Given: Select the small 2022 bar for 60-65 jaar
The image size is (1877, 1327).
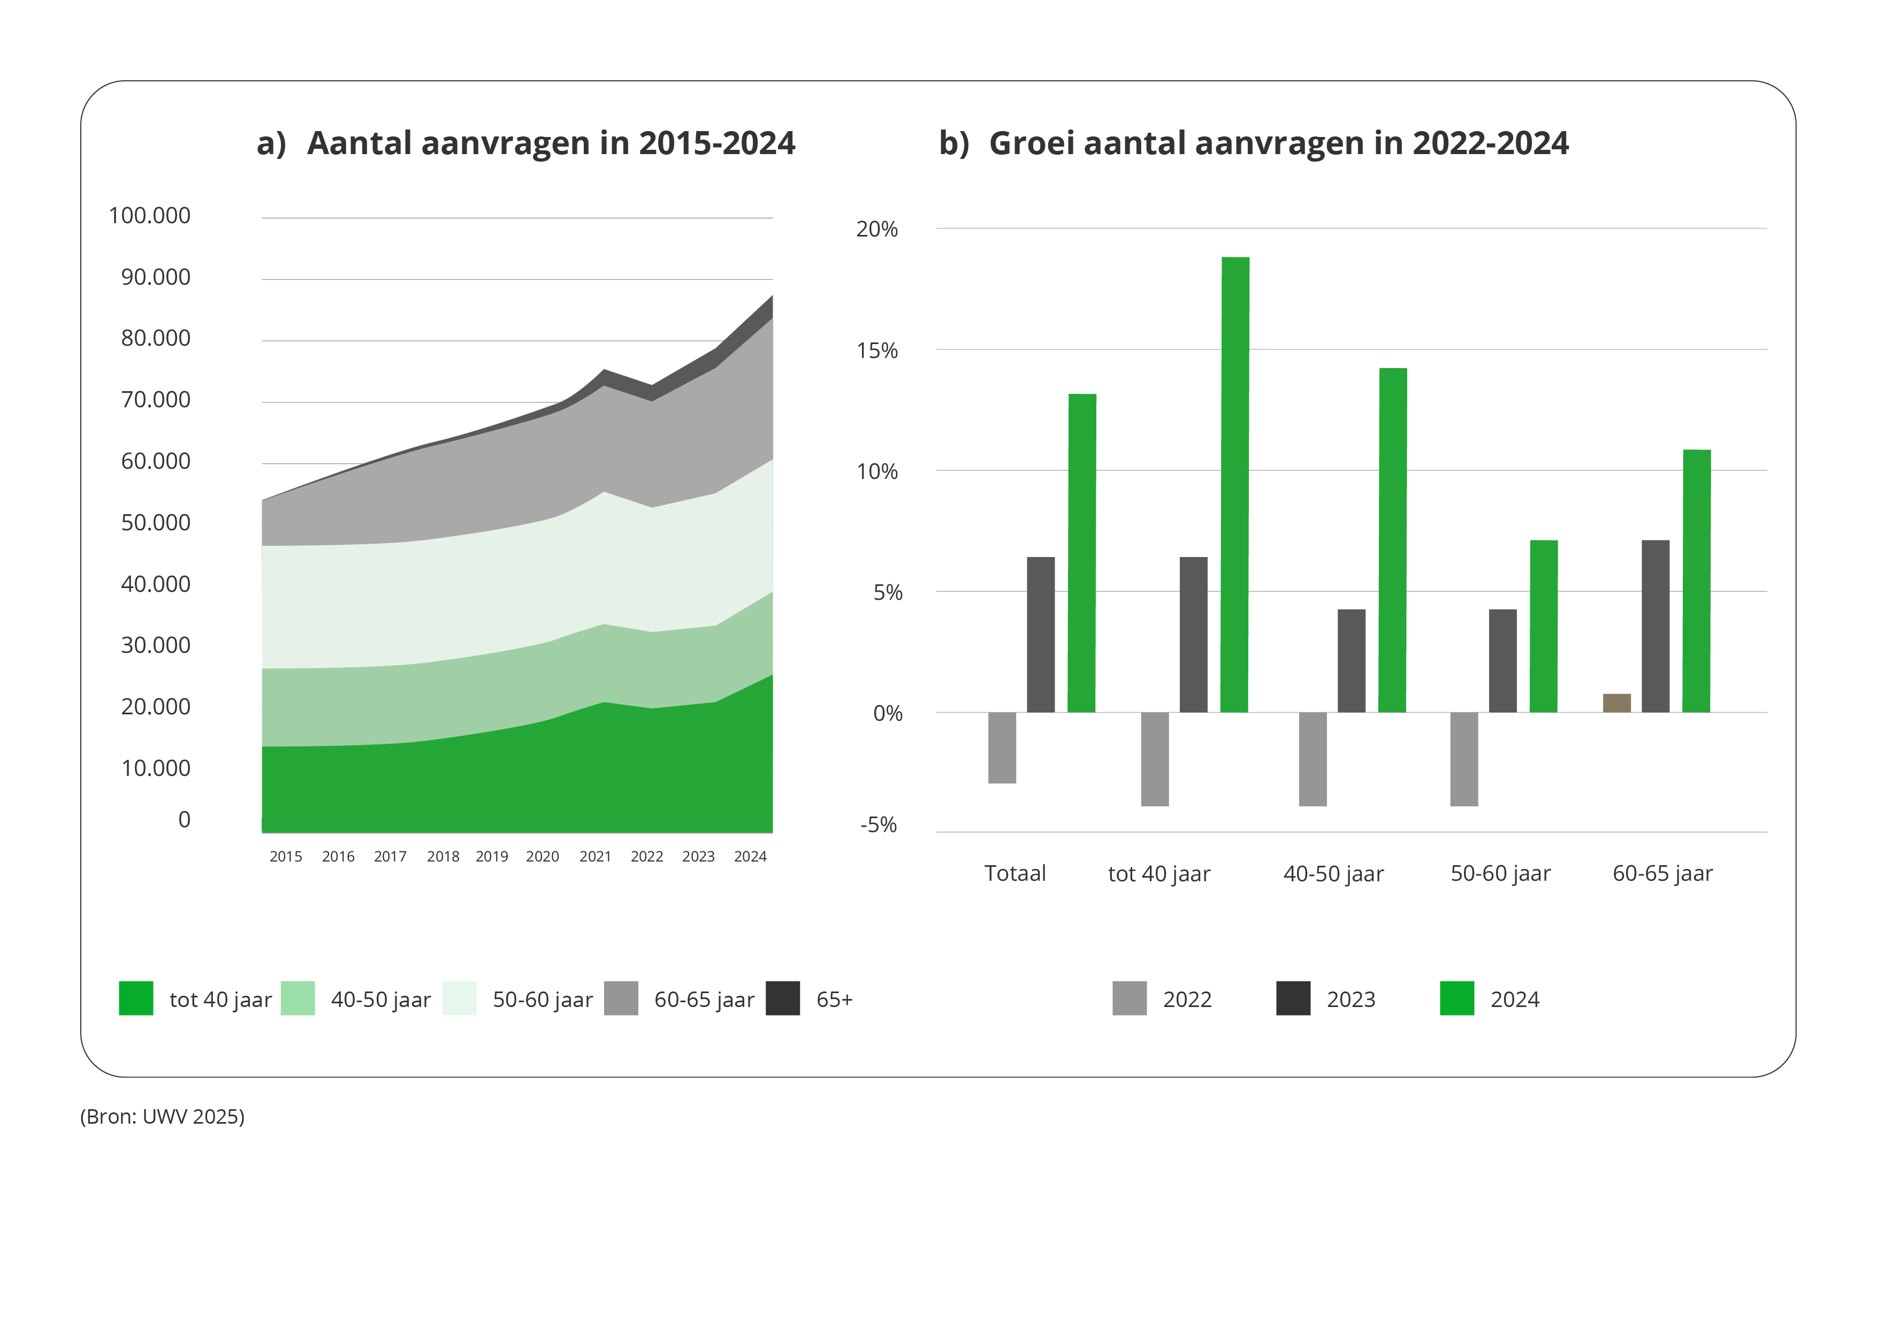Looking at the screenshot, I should click(1616, 703).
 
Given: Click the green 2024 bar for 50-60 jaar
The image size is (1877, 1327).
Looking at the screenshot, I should click(1544, 626).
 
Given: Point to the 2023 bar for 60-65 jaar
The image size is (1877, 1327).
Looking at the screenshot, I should click(1655, 626).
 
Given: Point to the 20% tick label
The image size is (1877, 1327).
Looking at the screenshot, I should click(876, 230).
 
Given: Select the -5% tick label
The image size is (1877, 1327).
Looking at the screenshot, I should click(878, 825).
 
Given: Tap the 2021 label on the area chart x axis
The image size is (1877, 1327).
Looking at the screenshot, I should click(595, 857).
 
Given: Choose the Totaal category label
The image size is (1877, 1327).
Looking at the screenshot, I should click(1014, 874).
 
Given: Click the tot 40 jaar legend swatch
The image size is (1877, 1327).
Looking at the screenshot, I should click(136, 998).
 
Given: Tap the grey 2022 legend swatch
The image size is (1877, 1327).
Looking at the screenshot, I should click(1129, 998).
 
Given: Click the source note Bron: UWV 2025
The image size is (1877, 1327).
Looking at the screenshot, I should click(162, 1117).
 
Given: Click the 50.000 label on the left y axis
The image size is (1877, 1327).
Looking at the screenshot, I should click(155, 522).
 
